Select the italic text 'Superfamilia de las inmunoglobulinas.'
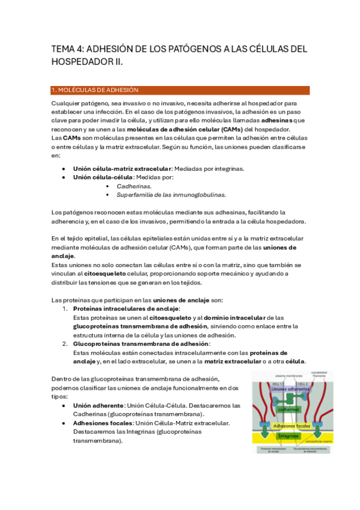[171, 195]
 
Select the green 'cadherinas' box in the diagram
[289, 409]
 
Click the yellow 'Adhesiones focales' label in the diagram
[291, 426]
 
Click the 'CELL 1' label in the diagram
[278, 384]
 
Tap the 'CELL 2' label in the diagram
[302, 384]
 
